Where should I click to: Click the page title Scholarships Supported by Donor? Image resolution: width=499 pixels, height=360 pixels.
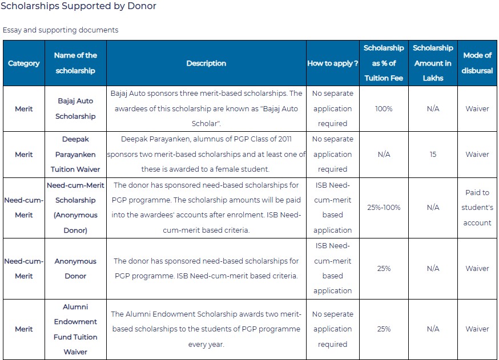click(78, 6)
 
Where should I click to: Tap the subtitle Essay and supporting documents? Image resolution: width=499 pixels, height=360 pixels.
click(61, 30)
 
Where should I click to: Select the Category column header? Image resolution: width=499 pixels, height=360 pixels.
click(24, 63)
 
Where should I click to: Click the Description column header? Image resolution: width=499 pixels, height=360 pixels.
click(206, 63)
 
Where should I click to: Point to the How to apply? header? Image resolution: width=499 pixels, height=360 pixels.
click(332, 63)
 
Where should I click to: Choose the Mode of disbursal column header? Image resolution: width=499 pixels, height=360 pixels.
click(477, 63)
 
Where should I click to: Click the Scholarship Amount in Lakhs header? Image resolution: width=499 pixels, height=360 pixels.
click(433, 63)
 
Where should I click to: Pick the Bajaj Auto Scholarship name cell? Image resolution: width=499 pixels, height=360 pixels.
click(75, 108)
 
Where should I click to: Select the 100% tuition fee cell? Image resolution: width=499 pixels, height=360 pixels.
click(384, 109)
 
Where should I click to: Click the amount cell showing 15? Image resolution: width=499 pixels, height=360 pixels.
click(433, 154)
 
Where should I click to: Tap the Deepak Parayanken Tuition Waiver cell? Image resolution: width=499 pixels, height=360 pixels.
click(75, 154)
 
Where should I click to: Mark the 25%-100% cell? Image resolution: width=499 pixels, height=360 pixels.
click(384, 207)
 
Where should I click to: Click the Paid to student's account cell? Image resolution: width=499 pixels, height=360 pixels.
click(477, 207)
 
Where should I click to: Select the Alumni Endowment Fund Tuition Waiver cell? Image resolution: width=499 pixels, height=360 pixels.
click(75, 329)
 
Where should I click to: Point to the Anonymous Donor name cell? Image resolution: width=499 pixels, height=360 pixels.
click(75, 268)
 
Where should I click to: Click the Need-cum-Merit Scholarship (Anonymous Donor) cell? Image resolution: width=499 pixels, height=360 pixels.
click(75, 207)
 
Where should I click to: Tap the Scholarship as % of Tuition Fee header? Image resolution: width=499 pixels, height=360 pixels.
click(384, 63)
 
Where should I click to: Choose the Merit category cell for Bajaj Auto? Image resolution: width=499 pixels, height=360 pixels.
click(24, 109)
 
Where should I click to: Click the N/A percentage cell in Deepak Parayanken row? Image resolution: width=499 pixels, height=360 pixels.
click(384, 154)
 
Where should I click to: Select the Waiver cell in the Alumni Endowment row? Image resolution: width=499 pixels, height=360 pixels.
click(477, 329)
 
